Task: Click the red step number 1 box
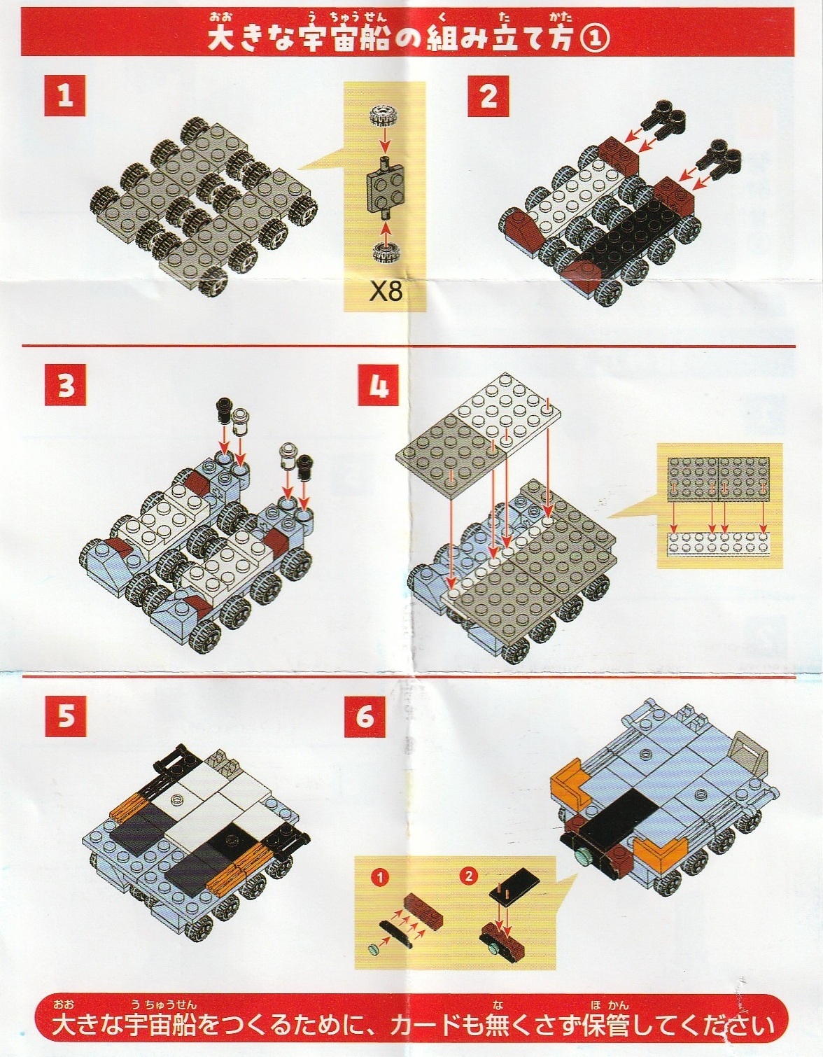65,95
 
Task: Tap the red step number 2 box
488,96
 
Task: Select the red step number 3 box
66,385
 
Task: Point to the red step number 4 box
378,385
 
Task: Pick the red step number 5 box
66,716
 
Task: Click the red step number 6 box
365,716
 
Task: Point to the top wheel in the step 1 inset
384,115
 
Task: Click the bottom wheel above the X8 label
386,253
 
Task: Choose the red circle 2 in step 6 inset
469,876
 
